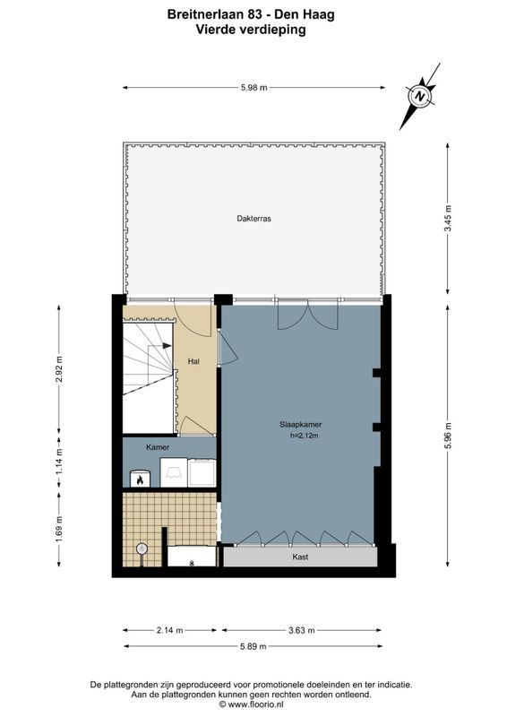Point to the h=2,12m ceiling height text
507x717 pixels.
click(305, 436)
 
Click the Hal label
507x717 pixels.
click(193, 361)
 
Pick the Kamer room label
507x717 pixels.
click(158, 446)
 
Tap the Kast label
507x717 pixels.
click(300, 557)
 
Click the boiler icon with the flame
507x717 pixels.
click(140, 479)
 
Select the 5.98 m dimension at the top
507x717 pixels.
click(254, 87)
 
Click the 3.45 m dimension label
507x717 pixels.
click(449, 219)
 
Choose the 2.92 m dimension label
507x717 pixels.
click(60, 369)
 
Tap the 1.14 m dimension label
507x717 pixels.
click(60, 460)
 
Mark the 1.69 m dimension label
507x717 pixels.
click(60, 526)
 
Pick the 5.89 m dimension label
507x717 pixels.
click(254, 646)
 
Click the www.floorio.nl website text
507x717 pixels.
click(260, 704)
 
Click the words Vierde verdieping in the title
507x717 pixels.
click(251, 29)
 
